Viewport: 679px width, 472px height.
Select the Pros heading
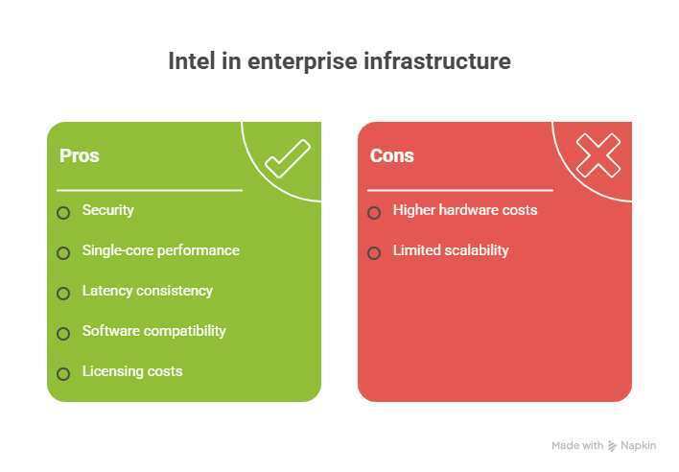(79, 155)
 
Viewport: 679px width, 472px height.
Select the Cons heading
(391, 155)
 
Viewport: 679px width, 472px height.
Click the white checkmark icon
(287, 158)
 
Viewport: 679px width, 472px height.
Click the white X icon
(597, 155)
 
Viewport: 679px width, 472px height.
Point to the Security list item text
(107, 210)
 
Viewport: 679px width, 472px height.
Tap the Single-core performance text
(160, 250)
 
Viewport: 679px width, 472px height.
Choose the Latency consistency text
(147, 291)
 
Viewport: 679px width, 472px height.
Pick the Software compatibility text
(153, 331)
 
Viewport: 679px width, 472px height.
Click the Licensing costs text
(131, 371)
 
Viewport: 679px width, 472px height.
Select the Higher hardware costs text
(464, 210)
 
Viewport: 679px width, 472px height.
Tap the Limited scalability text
(450, 250)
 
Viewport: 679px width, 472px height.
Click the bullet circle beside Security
(63, 213)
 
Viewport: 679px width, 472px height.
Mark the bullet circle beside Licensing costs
(63, 374)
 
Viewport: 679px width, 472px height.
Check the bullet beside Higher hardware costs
(374, 213)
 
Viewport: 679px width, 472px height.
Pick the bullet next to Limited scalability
(374, 253)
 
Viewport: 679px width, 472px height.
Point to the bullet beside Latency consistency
(63, 294)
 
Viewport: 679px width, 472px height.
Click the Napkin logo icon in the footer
(612, 446)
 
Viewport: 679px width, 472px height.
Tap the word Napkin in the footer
(639, 446)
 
